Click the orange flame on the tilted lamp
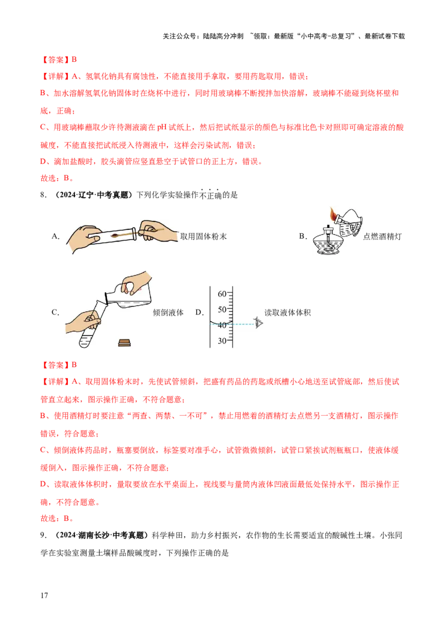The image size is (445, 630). click(x=333, y=214)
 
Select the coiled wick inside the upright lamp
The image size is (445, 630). click(x=330, y=245)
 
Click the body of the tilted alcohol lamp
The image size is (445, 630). click(x=352, y=220)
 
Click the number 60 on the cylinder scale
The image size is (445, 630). click(x=222, y=293)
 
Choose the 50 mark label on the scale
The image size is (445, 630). click(x=222, y=309)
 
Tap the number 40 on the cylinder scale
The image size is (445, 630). click(x=222, y=325)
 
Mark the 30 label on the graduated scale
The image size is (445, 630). click(x=222, y=341)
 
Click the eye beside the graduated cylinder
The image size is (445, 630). click(x=258, y=322)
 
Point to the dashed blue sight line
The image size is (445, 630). click(x=242, y=324)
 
